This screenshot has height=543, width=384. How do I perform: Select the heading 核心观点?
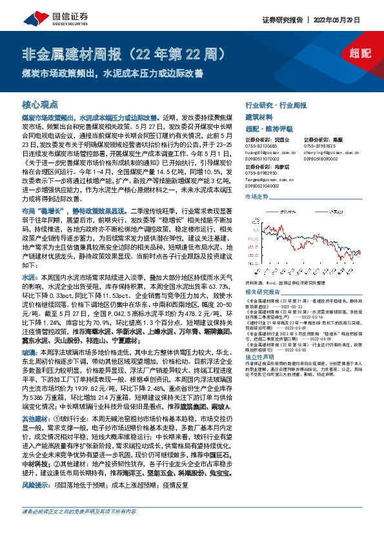click(41, 103)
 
